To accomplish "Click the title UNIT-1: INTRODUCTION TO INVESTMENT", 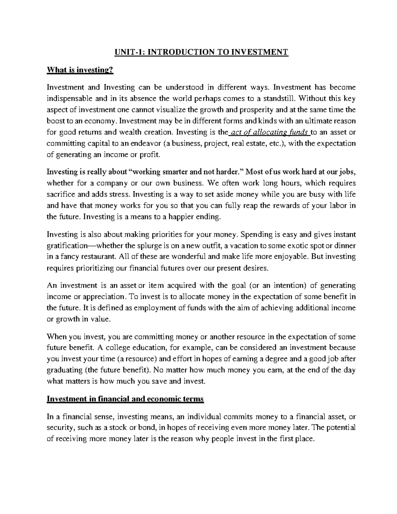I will pos(201,52).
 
